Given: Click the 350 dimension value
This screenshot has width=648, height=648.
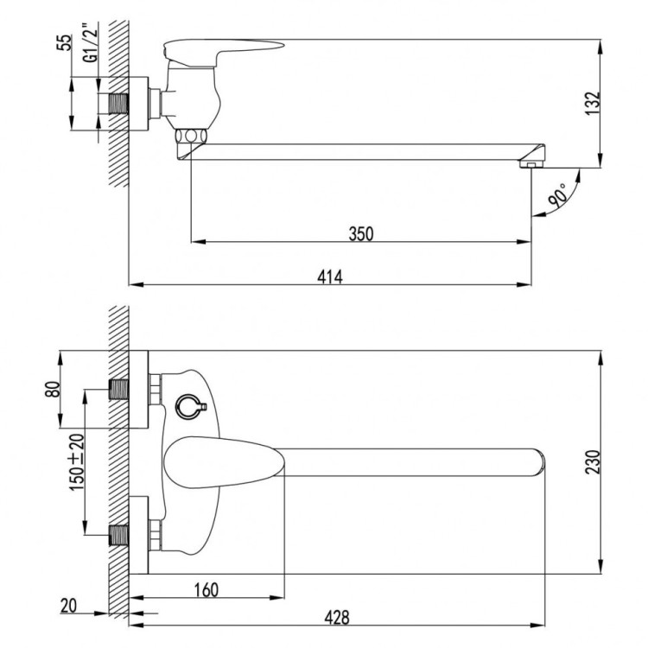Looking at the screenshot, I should pyautogui.click(x=361, y=233).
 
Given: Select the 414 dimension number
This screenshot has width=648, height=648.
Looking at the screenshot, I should pyautogui.click(x=330, y=276).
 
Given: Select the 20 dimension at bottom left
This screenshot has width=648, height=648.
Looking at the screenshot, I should pyautogui.click(x=69, y=606).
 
